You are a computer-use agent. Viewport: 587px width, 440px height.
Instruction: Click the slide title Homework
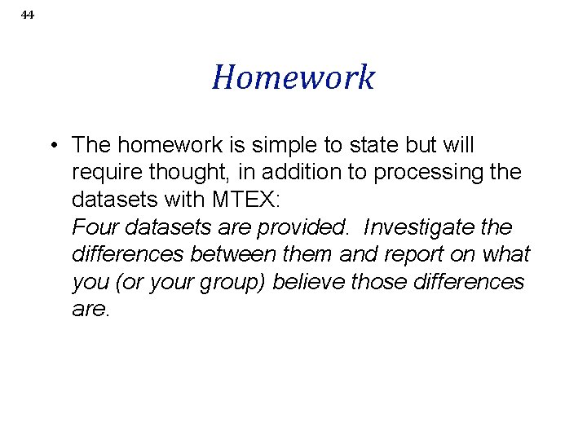(293, 78)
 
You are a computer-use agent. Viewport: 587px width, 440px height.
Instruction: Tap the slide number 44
(28, 15)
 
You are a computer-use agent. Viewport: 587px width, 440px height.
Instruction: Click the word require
(102, 174)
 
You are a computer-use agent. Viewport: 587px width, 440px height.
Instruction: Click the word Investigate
(428, 227)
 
